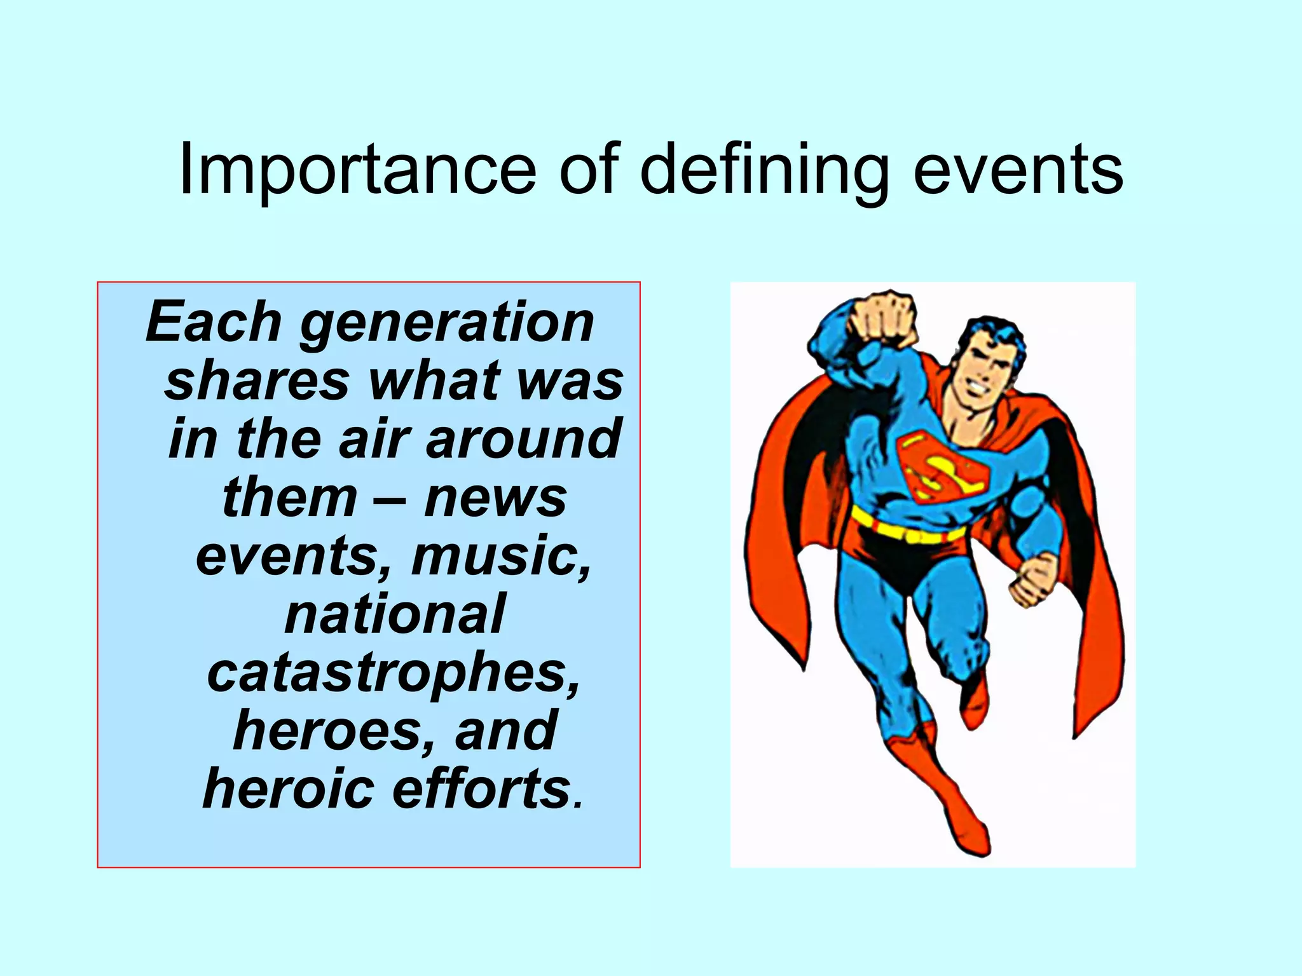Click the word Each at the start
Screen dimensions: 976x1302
pos(214,323)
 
